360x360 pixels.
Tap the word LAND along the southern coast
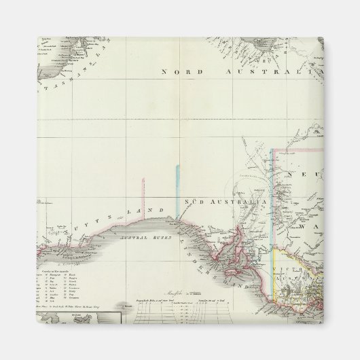[x=146, y=212]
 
